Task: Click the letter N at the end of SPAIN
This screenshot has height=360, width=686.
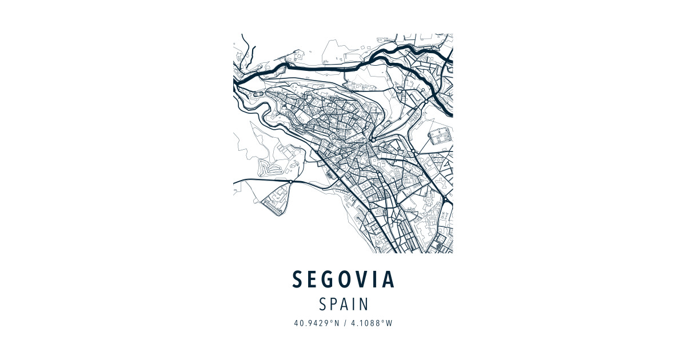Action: (364, 303)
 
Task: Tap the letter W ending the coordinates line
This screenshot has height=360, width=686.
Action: (389, 323)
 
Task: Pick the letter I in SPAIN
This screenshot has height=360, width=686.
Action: (354, 303)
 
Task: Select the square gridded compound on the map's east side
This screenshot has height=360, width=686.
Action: (439, 136)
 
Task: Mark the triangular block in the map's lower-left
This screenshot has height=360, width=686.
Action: (273, 197)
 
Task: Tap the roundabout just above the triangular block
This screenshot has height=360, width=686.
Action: (290, 182)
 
